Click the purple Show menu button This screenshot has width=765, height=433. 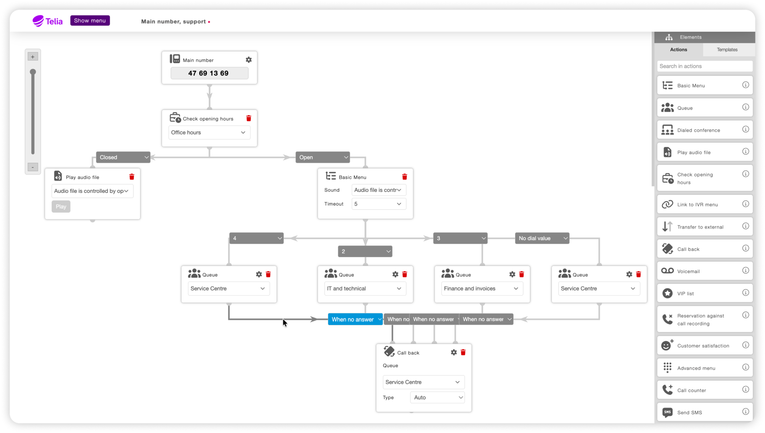click(90, 21)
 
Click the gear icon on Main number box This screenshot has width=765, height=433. click(249, 60)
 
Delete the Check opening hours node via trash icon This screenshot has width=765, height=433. click(249, 118)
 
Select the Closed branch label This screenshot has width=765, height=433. click(123, 157)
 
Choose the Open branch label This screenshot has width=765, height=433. click(322, 157)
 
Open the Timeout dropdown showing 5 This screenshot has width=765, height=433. click(379, 204)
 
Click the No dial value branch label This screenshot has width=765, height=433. click(542, 238)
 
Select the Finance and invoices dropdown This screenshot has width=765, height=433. click(482, 289)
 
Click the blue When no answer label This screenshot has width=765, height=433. click(355, 319)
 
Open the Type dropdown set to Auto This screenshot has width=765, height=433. click(437, 397)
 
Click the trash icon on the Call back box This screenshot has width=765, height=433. click(463, 352)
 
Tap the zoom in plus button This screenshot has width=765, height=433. click(33, 57)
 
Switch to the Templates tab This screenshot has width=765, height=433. click(727, 50)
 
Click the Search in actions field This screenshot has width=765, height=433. click(705, 66)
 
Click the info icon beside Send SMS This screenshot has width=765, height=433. click(745, 412)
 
